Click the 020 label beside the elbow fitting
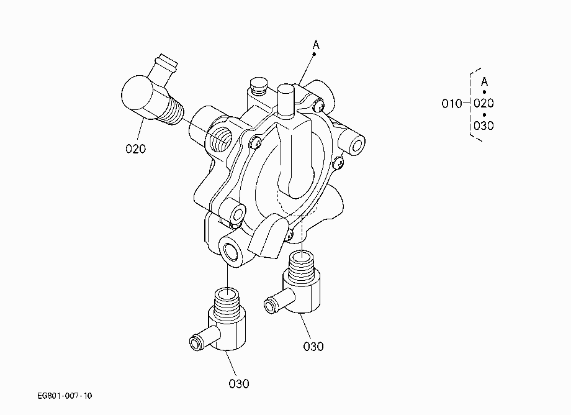(x=135, y=148)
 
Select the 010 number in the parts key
(x=452, y=104)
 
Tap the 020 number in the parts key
(x=483, y=103)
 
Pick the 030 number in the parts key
(x=483, y=125)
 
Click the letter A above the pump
(x=316, y=45)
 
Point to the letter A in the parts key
(x=484, y=81)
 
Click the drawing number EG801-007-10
(x=65, y=396)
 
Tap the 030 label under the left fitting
(x=239, y=384)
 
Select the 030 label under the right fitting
(x=313, y=346)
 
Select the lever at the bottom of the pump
(x=268, y=235)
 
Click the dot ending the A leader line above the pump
(x=314, y=54)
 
